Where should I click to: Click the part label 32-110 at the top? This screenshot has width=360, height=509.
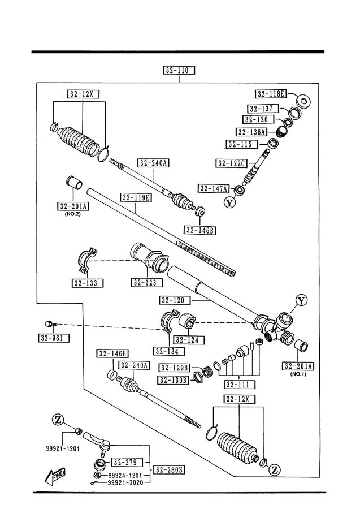(x=179, y=70)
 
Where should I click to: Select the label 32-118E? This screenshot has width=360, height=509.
(x=271, y=94)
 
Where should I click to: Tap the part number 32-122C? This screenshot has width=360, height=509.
(x=232, y=163)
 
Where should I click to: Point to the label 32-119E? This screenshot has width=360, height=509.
(x=136, y=197)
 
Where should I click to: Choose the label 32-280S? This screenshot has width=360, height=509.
(x=170, y=469)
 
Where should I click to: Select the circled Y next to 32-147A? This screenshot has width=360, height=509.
(x=229, y=203)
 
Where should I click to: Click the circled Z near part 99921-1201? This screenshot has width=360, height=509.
(x=58, y=420)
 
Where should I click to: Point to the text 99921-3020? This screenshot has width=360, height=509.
(x=125, y=483)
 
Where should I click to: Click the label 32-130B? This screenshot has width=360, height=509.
(x=174, y=380)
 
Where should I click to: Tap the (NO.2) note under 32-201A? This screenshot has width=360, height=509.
(x=73, y=214)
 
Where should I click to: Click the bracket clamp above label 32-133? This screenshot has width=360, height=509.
(x=87, y=261)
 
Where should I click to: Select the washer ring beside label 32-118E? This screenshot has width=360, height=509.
(x=303, y=101)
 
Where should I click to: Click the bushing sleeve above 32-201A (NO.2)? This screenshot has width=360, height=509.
(x=74, y=183)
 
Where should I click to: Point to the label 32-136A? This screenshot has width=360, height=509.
(x=251, y=132)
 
